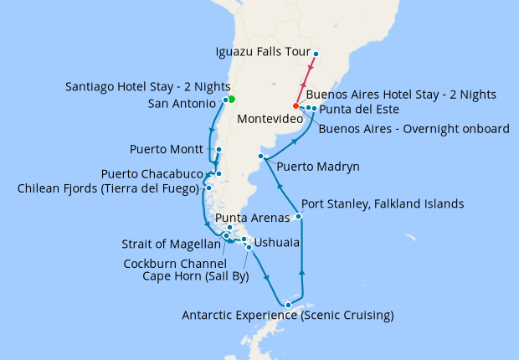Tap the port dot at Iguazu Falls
pyautogui.click(x=316, y=54)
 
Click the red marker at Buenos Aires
pyautogui.click(x=295, y=106)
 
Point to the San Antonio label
pyautogui.click(x=182, y=104)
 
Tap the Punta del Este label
pyautogui.click(x=359, y=110)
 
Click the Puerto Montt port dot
pyautogui.click(x=218, y=151)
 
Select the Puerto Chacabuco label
pyautogui.click(x=152, y=174)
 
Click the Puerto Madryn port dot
pyautogui.click(x=262, y=157)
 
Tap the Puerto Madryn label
pyautogui.click(x=318, y=167)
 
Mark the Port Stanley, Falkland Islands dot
pyautogui.click(x=299, y=217)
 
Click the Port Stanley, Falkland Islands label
pyautogui.click(x=382, y=203)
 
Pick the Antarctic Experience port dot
pyautogui.click(x=287, y=305)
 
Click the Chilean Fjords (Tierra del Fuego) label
pyautogui.click(x=108, y=188)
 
